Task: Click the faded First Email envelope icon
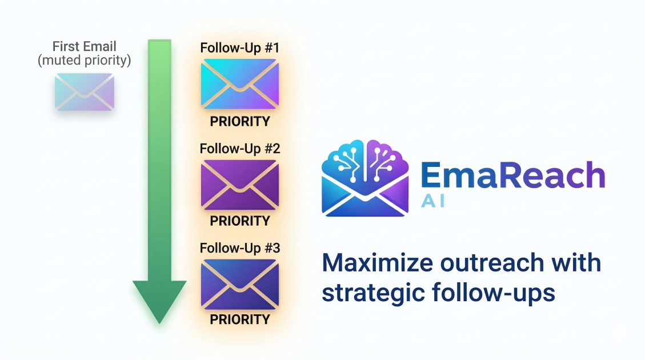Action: point(84,92)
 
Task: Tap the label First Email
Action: point(84,46)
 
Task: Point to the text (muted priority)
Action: point(84,60)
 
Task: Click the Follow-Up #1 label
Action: point(239,48)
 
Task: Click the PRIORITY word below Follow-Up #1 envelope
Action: point(239,122)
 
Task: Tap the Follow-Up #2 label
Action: point(239,149)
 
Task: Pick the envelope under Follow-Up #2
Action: point(239,184)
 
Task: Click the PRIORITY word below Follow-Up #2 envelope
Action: point(239,221)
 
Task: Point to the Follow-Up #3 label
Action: point(239,249)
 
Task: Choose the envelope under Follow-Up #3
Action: point(239,283)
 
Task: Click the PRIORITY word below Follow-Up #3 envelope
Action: point(239,320)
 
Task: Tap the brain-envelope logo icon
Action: point(365,178)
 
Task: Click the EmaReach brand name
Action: point(512,175)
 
